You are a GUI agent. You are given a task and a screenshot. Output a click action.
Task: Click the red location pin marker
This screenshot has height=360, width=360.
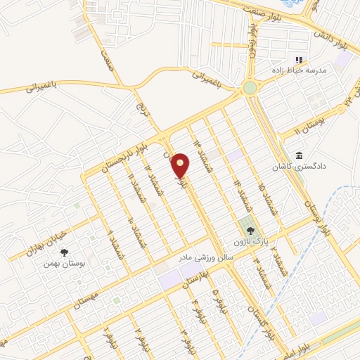pyautogui.click(x=181, y=166)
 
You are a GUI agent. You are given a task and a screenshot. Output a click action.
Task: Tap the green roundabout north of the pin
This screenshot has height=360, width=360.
pyautogui.click(x=250, y=88)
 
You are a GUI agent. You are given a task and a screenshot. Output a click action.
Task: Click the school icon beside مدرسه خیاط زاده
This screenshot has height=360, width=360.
pyautogui.click(x=298, y=60)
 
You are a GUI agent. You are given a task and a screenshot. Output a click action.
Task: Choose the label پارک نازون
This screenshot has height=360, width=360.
pyautogui.click(x=253, y=240)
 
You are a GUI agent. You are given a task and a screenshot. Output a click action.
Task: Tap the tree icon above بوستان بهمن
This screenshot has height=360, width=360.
pyautogui.click(x=65, y=251)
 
